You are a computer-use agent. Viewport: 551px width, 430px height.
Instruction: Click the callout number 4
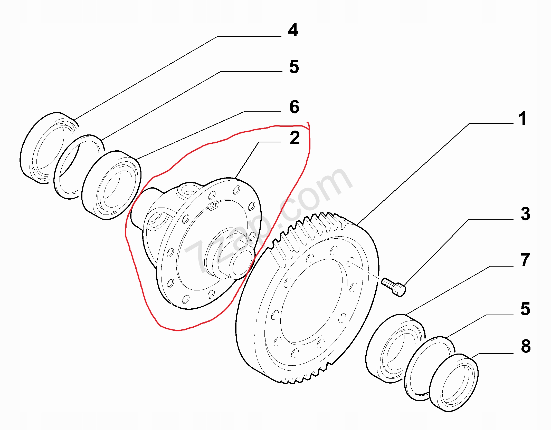click(x=293, y=30)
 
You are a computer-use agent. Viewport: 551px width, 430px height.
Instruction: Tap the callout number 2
click(x=295, y=138)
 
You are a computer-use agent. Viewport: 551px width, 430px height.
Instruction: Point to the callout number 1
click(x=522, y=119)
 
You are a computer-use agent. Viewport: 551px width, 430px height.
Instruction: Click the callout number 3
click(x=525, y=214)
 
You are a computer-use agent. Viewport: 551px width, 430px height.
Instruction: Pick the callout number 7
click(x=525, y=260)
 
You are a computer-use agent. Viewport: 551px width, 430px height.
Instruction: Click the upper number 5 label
click(x=294, y=67)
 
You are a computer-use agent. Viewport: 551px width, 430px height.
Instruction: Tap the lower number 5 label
click(x=525, y=309)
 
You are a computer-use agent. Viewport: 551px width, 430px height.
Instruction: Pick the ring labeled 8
click(x=453, y=382)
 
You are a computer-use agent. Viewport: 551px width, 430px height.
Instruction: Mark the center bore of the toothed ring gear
click(x=311, y=300)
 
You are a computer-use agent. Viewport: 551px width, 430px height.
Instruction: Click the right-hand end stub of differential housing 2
click(x=241, y=264)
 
